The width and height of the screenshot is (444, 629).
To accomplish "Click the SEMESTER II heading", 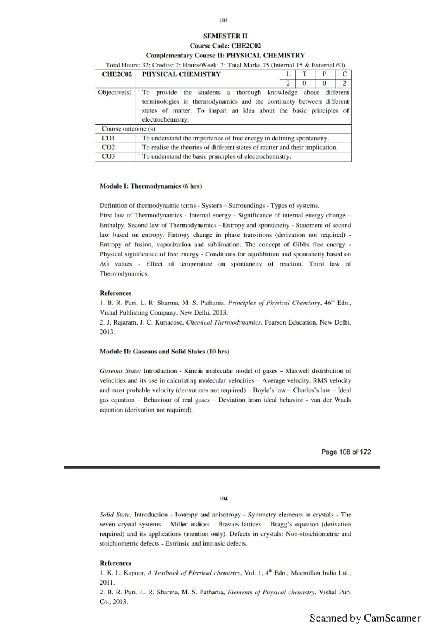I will click(x=225, y=36).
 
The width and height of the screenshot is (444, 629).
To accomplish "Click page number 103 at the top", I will click(x=223, y=20).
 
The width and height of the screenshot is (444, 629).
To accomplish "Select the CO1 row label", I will click(x=108, y=138).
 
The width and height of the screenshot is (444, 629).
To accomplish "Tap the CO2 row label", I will click(x=108, y=147).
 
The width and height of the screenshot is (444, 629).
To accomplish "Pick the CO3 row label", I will click(x=108, y=156).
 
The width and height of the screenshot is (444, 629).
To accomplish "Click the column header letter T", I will click(x=304, y=74).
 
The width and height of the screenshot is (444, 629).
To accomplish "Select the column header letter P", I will click(x=324, y=74).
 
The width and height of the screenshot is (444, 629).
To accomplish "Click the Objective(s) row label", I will click(x=115, y=92).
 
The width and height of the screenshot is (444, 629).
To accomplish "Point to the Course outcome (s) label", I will click(x=128, y=129).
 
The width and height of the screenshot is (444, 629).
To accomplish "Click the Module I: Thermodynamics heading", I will click(x=151, y=186).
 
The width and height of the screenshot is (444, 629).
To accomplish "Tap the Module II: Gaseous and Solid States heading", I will click(x=164, y=351).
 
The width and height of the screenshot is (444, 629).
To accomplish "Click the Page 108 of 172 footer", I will click(x=346, y=452).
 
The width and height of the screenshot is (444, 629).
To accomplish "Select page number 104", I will click(x=223, y=499).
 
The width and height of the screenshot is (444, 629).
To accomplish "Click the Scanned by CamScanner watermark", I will click(x=365, y=618).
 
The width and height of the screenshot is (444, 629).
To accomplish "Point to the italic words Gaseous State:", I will click(x=120, y=371).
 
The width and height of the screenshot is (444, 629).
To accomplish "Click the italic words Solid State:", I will click(x=115, y=515).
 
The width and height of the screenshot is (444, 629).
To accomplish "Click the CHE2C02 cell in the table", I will click(x=117, y=74).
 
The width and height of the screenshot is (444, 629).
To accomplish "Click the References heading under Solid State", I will click(x=115, y=563).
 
